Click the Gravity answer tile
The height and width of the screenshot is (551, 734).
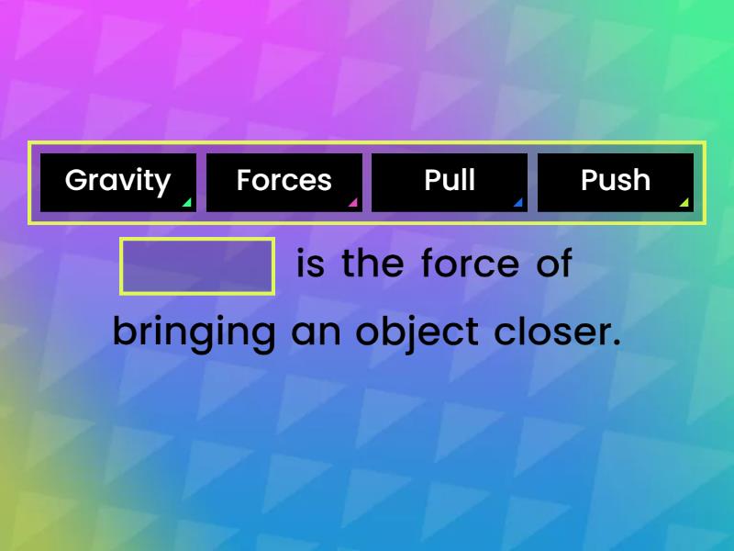click(118, 182)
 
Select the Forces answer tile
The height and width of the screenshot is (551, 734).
click(284, 182)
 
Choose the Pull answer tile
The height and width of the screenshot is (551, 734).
click(450, 182)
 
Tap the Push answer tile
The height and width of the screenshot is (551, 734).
click(615, 182)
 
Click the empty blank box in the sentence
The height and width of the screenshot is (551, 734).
click(197, 266)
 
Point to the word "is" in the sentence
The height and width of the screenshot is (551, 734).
click(311, 264)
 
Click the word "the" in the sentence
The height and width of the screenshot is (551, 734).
click(373, 264)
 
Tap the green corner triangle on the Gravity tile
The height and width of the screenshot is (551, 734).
click(187, 203)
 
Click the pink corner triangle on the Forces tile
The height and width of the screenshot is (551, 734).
click(353, 203)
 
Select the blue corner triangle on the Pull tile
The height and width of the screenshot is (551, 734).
click(518, 203)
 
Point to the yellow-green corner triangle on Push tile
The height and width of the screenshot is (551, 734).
click(684, 203)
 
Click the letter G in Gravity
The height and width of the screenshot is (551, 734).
click(75, 180)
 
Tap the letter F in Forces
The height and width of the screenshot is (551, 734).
click(243, 180)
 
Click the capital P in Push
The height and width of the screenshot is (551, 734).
click(589, 180)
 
